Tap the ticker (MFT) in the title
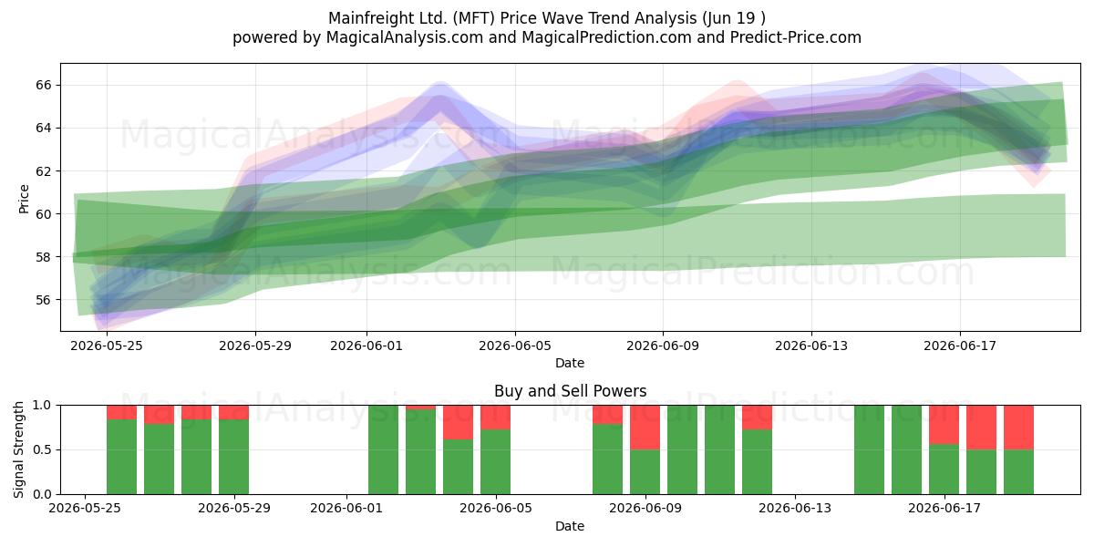[474, 18]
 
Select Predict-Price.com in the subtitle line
[796, 37]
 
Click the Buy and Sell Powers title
[570, 391]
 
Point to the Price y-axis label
[24, 199]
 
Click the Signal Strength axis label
[18, 449]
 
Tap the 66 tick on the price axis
[43, 85]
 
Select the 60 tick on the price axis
[43, 214]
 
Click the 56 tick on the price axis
[43, 300]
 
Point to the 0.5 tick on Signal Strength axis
[42, 449]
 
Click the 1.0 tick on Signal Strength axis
[42, 405]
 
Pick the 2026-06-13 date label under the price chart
[811, 346]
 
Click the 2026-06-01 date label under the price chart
[366, 346]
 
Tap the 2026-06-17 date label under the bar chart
[944, 508]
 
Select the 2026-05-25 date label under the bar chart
[85, 508]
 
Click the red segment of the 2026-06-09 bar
[645, 428]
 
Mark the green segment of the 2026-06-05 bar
[496, 462]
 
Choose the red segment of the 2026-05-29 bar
[234, 412]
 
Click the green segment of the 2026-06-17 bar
[944, 470]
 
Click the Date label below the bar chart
[570, 526]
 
